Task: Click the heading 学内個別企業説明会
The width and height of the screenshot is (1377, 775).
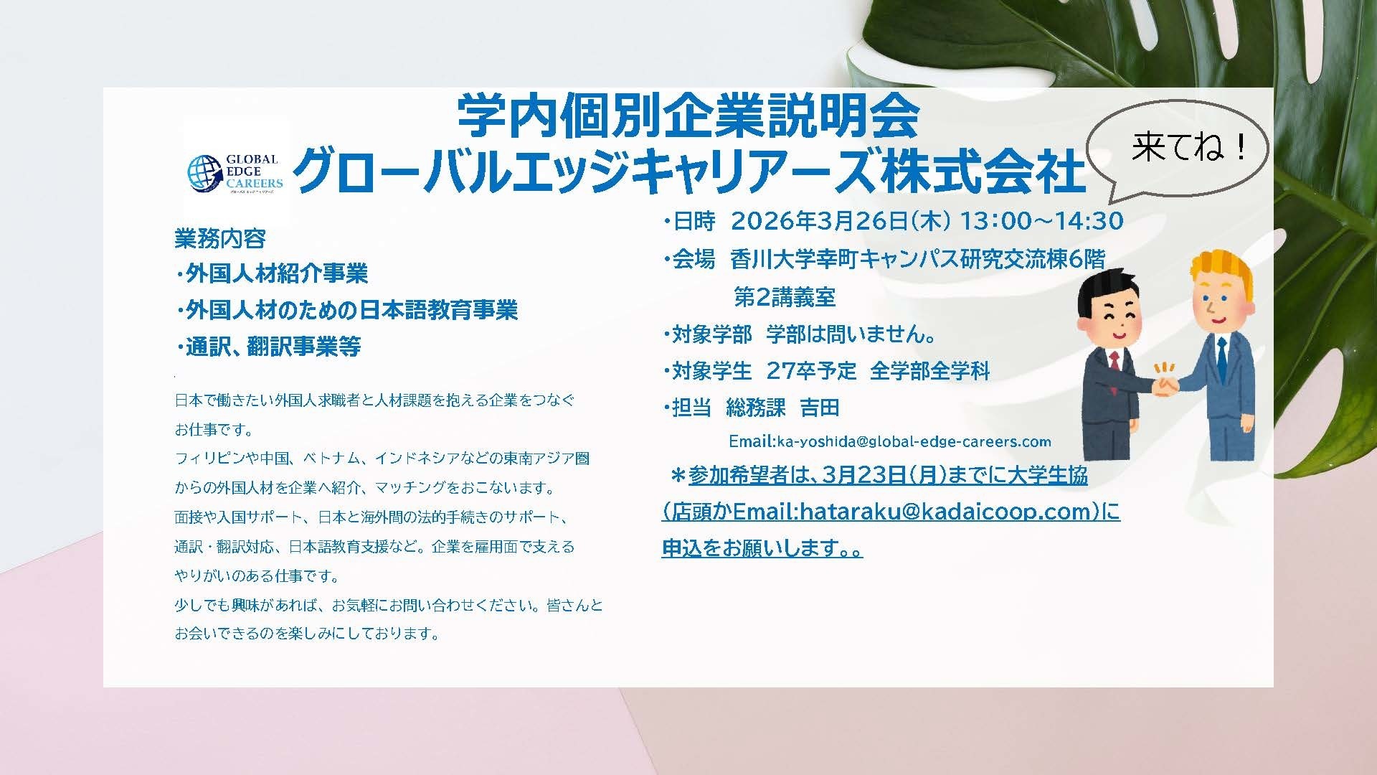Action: [x=688, y=116]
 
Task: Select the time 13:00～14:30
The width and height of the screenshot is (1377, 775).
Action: [x=1041, y=221]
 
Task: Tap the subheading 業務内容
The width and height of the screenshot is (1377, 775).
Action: [x=220, y=238]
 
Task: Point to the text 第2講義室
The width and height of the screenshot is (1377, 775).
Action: [x=785, y=296]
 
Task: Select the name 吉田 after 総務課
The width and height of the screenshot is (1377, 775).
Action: [x=820, y=408]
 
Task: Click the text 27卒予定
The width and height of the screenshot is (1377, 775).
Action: [x=811, y=371]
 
